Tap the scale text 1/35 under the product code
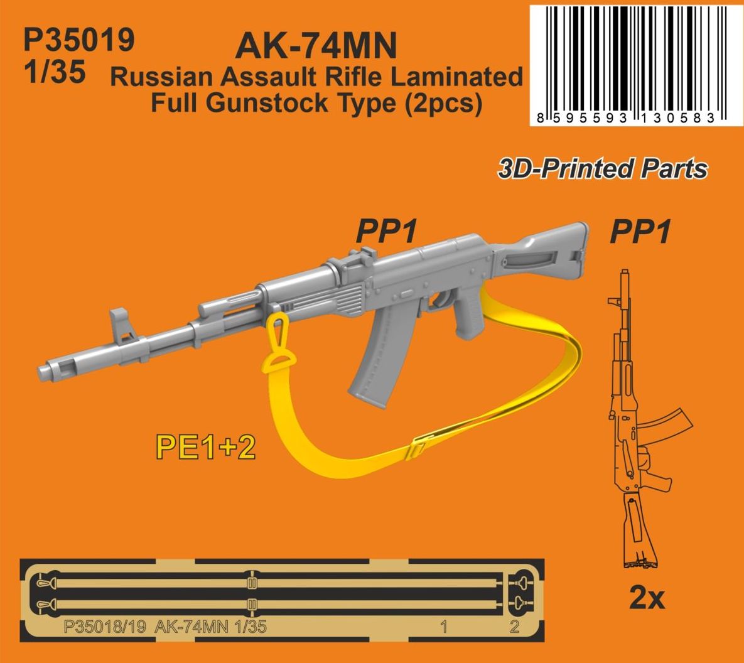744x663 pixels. pos(54,73)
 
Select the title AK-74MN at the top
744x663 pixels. pos(316,45)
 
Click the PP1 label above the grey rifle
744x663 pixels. pos(386,233)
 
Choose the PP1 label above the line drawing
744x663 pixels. pos(639,233)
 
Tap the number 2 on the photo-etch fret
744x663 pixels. pos(514,626)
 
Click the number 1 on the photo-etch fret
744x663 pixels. pos(444,626)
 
